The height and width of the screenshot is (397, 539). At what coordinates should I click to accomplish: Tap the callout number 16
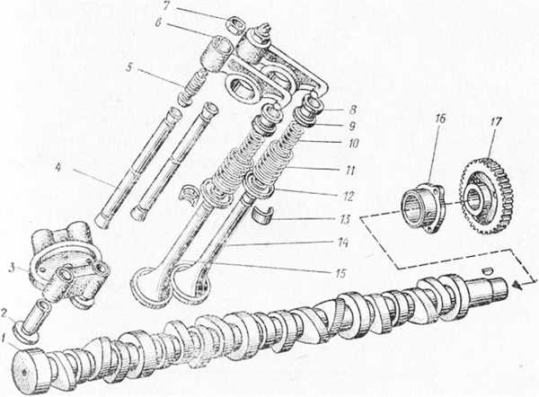(441, 120)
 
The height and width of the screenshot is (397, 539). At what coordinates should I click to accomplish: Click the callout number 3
(12, 268)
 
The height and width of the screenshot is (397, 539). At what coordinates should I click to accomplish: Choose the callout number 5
(128, 67)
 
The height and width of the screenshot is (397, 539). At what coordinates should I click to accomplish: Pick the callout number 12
(348, 197)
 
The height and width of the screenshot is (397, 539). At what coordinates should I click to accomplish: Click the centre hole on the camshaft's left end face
(24, 372)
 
